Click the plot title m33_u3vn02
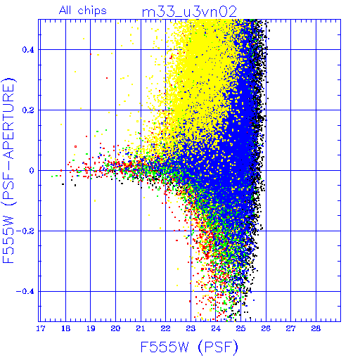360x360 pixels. pos(189,12)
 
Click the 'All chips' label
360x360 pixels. pos(83,11)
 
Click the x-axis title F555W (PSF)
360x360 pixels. pos(189,347)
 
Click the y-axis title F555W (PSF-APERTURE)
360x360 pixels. pos(8,170)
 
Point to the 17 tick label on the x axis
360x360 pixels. pos(41,328)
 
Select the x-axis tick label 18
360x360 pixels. pos(65,328)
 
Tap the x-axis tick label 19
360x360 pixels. pos(91,328)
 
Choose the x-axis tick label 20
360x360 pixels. pos(115,328)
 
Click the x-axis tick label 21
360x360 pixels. pos(141,328)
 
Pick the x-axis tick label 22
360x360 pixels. pos(166,328)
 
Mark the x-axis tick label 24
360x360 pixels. pos(216,328)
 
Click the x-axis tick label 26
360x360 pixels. pos(266,328)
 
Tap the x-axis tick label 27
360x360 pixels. pos(291,328)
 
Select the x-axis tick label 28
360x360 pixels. pos(316,328)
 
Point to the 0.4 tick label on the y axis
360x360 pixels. pos(28,50)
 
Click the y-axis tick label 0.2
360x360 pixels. pos(28,110)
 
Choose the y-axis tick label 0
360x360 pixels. pos(32,171)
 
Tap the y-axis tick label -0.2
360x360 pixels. pos(25,231)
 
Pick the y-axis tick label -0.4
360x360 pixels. pos(25,292)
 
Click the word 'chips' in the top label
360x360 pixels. pos(92,11)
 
